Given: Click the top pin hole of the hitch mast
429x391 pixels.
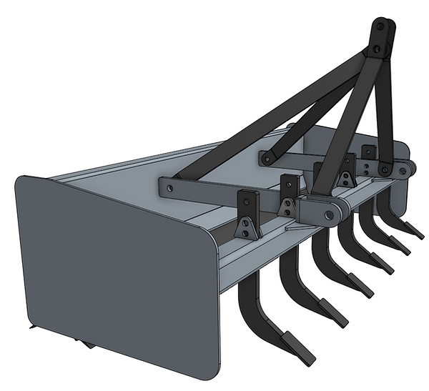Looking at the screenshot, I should [x=380, y=26].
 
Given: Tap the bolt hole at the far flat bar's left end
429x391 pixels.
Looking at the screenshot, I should [x=266, y=157].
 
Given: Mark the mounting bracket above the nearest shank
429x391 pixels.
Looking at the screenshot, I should [x=247, y=215].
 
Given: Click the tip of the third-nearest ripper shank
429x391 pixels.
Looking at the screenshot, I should [x=365, y=291].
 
